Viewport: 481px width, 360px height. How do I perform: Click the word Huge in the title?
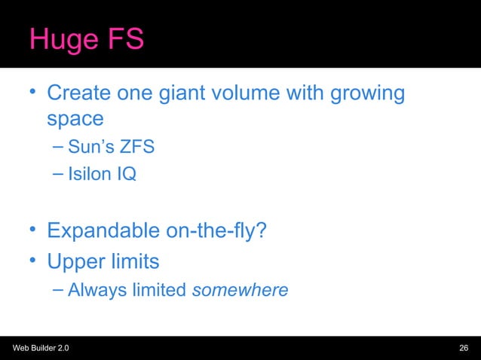click(63, 41)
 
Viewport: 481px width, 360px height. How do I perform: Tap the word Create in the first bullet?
click(78, 94)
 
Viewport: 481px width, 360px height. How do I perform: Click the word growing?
click(369, 95)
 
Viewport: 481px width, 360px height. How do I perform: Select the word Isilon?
click(89, 175)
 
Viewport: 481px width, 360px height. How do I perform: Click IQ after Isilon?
click(125, 175)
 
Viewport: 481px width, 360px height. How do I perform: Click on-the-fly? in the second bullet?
click(218, 229)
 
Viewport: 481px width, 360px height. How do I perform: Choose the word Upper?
click(75, 262)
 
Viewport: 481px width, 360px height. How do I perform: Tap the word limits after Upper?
click(134, 261)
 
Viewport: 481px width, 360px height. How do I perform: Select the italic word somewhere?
click(240, 290)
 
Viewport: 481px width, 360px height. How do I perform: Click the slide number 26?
click(463, 348)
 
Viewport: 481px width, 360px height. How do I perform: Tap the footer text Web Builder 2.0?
click(42, 348)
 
